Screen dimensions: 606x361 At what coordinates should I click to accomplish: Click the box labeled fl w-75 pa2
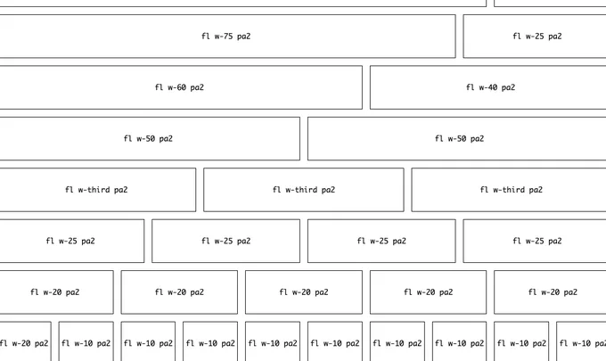coord(227,37)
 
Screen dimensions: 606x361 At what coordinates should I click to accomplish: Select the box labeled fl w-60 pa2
coord(181,87)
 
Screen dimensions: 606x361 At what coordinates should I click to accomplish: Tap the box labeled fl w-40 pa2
coord(487,87)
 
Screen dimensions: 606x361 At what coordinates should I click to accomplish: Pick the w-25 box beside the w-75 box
coord(535,37)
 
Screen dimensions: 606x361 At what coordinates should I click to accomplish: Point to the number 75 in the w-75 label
coord(228,37)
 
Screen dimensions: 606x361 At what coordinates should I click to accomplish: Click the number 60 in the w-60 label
coord(181,87)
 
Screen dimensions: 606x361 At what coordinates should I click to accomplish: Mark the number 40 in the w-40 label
coord(492,87)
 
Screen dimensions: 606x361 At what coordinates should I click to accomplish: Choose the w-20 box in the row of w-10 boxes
coord(26,341)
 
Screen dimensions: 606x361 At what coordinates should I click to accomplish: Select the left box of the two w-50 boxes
coord(150,139)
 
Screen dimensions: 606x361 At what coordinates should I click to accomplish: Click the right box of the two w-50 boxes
coord(457,139)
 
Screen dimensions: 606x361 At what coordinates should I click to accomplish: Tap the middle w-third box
coord(304,190)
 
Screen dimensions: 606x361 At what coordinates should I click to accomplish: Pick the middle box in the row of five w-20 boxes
coord(304,292)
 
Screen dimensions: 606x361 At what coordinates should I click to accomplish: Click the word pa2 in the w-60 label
coord(197,87)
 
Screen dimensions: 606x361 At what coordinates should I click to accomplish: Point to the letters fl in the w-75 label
coord(206,36)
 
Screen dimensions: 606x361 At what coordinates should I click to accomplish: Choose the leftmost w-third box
coord(98,190)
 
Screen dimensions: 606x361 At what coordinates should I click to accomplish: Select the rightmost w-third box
coord(509,190)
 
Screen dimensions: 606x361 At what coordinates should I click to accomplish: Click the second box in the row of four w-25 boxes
coord(225,242)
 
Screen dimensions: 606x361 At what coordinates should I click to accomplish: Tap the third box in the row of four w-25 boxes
coord(381,242)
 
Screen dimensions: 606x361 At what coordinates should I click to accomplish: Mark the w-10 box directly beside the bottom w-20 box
coord(86,341)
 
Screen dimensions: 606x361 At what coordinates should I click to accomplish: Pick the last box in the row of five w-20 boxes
coord(550,292)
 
